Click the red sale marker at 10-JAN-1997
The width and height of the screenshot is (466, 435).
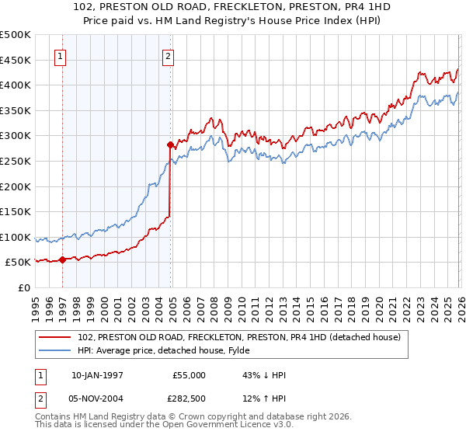coord(62,260)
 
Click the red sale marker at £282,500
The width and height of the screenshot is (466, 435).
coord(170,144)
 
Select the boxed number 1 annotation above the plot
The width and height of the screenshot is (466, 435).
coord(61,55)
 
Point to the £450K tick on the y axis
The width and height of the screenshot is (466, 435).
coord(15,60)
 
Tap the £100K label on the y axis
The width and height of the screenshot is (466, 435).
coord(15,238)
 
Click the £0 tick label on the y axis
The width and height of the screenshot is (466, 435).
coord(23,288)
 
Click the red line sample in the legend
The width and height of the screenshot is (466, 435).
coord(56,337)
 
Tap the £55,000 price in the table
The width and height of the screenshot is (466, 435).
coord(189,375)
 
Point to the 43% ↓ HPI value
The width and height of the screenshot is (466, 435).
coord(264,375)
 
